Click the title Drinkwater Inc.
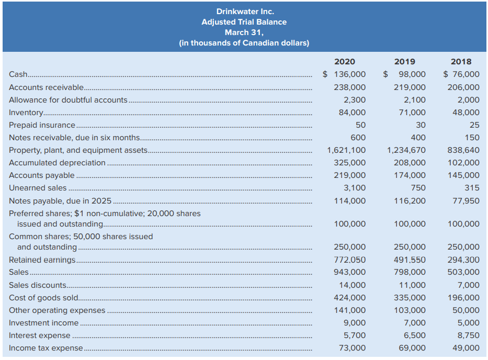click(x=245, y=12)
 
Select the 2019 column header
click(x=405, y=62)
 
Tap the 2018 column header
click(x=461, y=62)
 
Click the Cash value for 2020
click(x=344, y=74)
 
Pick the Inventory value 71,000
click(x=412, y=113)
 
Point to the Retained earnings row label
click(x=42, y=260)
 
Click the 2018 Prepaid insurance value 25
click(x=474, y=125)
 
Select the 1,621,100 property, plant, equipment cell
click(x=346, y=150)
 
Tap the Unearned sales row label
click(x=38, y=188)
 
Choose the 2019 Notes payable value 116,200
click(x=410, y=201)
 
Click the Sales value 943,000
click(x=350, y=272)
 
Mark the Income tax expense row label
click(x=46, y=348)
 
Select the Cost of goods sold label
click(x=43, y=298)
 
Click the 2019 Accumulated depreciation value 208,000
click(x=410, y=163)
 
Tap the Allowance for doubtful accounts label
click(x=68, y=100)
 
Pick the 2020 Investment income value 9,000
click(x=355, y=323)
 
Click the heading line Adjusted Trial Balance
click(x=244, y=22)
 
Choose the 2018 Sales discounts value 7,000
click(x=469, y=285)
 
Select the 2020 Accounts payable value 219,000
click(x=350, y=175)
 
